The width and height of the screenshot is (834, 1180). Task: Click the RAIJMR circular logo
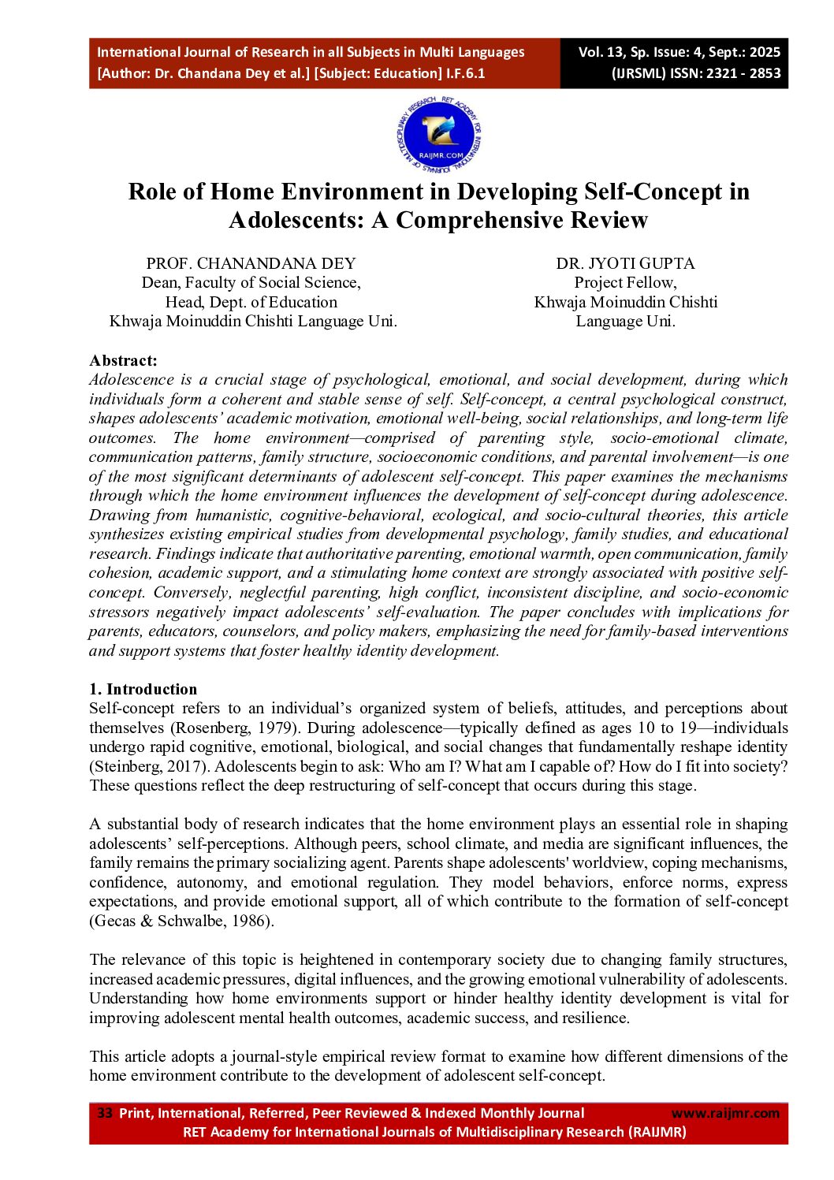coord(439,136)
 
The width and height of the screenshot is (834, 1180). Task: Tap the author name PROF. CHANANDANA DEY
coord(251,263)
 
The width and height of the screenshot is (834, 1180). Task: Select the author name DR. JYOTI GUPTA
coord(625,263)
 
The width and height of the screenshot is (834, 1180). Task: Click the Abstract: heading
coord(123,360)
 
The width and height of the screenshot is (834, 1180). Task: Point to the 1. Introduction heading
coord(143,689)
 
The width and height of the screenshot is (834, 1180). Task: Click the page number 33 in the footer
coord(105,1113)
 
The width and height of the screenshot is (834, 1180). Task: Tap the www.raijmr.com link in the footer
coord(724,1113)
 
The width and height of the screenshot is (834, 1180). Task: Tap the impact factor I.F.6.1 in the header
coord(466,73)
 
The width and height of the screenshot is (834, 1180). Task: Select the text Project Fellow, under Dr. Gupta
coord(625,282)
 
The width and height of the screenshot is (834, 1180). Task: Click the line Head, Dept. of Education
coord(251,302)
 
